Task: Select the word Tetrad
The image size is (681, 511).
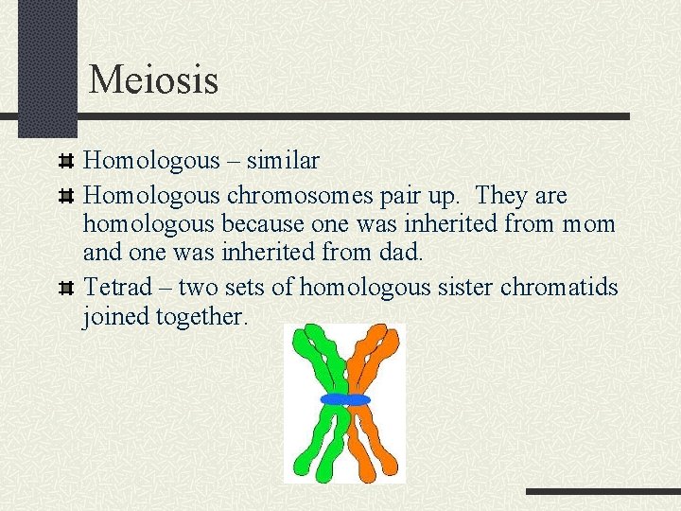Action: [x=116, y=287]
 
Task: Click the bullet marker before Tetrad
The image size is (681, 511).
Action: [x=65, y=288]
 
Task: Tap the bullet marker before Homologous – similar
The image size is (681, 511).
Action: [x=65, y=162]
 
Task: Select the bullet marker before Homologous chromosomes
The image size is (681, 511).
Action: [x=65, y=197]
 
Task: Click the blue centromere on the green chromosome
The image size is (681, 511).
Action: [x=334, y=399]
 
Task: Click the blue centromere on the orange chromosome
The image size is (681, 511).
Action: [x=358, y=399]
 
